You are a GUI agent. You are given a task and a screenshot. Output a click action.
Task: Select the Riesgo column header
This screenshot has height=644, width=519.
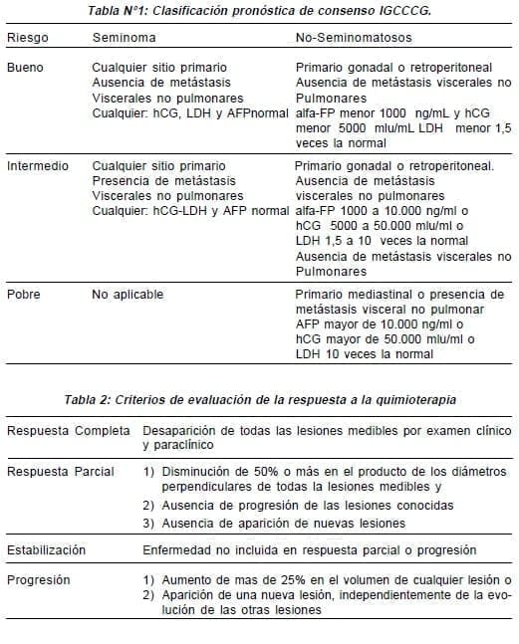coord(27,37)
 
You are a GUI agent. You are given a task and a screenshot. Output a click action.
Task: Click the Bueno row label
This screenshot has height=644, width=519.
coord(25,66)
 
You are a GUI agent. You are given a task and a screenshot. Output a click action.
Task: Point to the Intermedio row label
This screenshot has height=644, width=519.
coord(38,166)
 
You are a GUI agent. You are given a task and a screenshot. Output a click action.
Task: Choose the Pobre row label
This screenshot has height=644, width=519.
coord(24,295)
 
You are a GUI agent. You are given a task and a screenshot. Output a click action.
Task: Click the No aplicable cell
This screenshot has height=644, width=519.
coord(128,295)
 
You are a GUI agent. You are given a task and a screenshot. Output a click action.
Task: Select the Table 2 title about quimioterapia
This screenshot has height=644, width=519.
coord(261,400)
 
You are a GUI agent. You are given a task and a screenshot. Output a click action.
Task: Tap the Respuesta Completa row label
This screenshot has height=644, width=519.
coord(69,431)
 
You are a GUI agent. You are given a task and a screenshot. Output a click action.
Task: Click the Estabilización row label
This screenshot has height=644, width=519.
coord(47,549)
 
